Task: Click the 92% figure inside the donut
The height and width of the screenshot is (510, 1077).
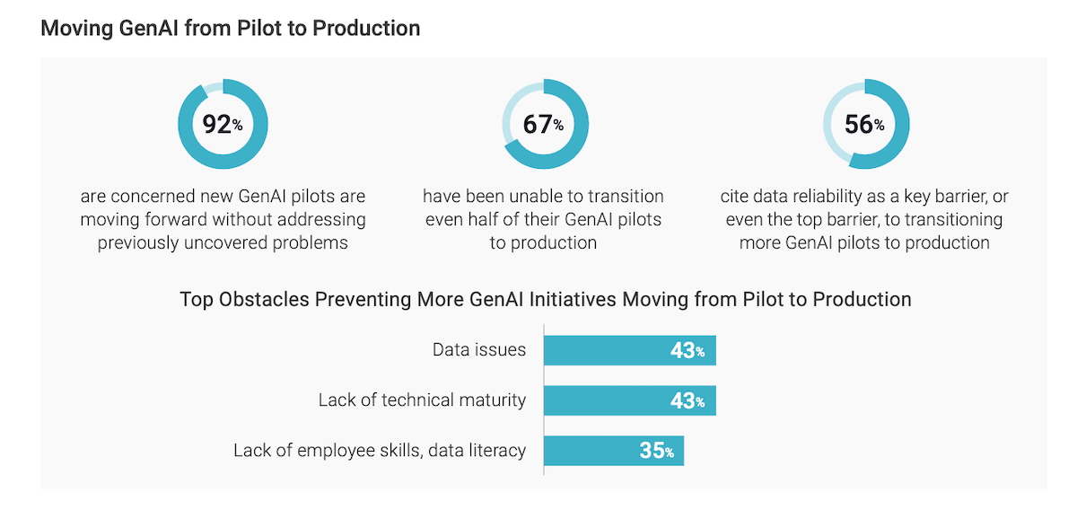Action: point(223,125)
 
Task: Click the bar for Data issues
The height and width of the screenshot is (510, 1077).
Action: point(630,350)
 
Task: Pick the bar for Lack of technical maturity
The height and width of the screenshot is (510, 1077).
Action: point(630,400)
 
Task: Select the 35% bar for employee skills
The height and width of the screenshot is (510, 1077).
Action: point(614,450)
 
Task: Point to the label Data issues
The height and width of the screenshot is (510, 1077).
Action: point(479,350)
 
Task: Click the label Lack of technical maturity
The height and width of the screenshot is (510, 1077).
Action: point(422,400)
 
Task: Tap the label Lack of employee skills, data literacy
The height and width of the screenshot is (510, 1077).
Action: point(380,450)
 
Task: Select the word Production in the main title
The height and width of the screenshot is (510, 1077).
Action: point(372,29)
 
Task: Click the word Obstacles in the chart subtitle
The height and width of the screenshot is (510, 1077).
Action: point(271,299)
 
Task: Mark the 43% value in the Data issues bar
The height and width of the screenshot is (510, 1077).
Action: point(687,350)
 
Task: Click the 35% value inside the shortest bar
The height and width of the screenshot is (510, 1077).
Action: point(656,450)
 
